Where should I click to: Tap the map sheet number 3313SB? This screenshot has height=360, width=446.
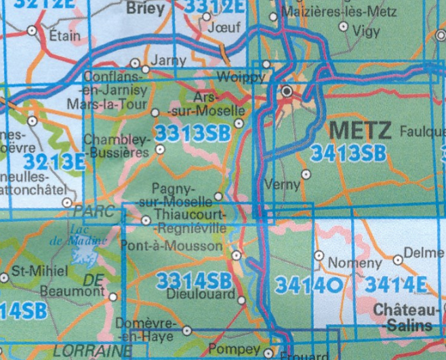[x=192, y=133]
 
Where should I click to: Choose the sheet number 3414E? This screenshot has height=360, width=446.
[x=396, y=285]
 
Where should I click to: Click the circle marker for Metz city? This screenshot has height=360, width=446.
[x=287, y=90]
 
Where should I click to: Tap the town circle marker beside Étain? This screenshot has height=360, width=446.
[x=33, y=30]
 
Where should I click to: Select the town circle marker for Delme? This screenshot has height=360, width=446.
[x=398, y=259]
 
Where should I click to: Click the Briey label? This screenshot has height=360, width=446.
[x=146, y=9]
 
